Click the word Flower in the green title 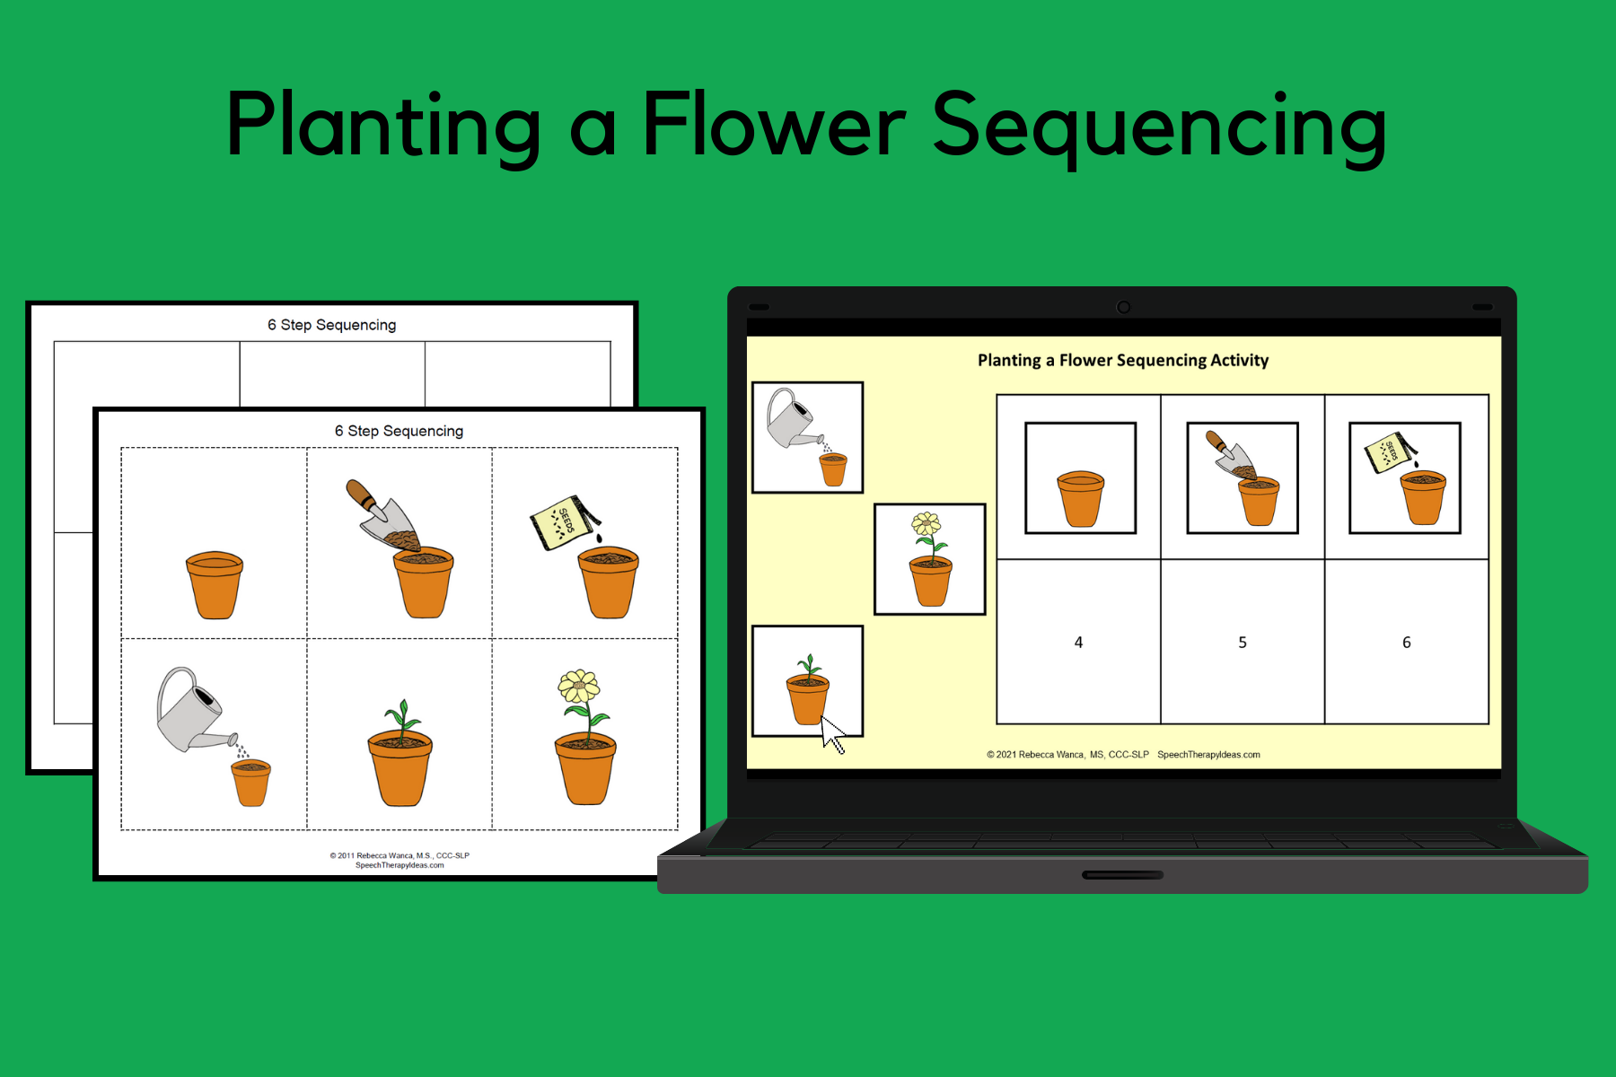pyautogui.click(x=774, y=126)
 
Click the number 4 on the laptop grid pyautogui.click(x=1078, y=643)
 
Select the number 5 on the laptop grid pyautogui.click(x=1243, y=643)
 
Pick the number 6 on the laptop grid pyautogui.click(x=1406, y=643)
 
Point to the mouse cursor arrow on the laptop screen pyautogui.click(x=832, y=734)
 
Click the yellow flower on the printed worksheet pyautogui.click(x=580, y=687)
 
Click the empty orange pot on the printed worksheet pyautogui.click(x=215, y=584)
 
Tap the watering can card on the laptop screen pyautogui.click(x=807, y=437)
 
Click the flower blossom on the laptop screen pyautogui.click(x=926, y=524)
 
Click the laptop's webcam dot pyautogui.click(x=1123, y=307)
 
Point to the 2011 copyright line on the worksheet pyautogui.click(x=400, y=855)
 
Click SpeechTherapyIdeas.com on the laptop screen pyautogui.click(x=1208, y=755)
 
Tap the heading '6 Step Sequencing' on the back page pyautogui.click(x=331, y=325)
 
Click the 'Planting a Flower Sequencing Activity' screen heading pyautogui.click(x=1123, y=360)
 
